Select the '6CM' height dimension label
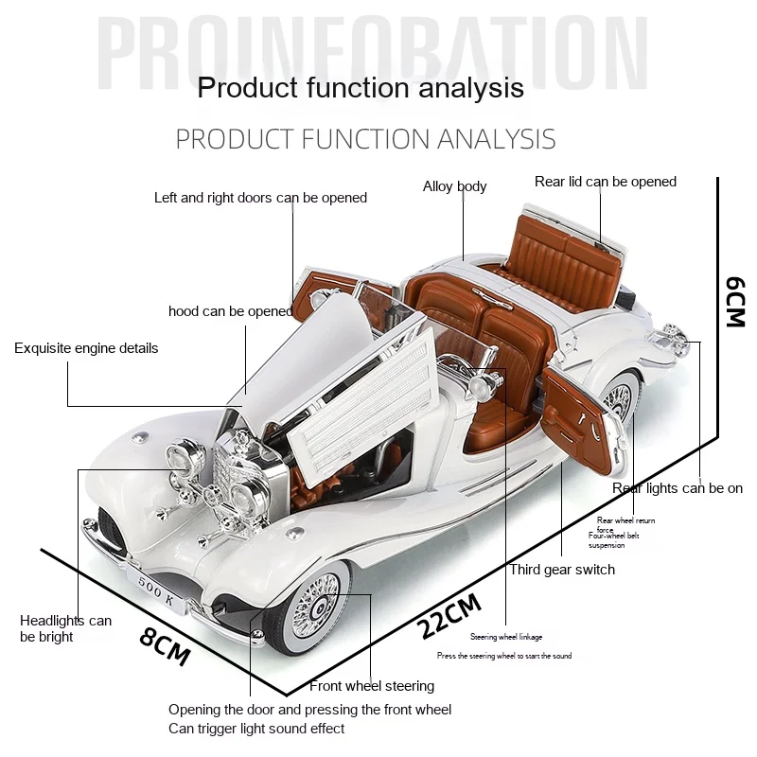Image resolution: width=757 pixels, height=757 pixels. point(734,301)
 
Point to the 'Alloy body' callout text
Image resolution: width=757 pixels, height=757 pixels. point(454,186)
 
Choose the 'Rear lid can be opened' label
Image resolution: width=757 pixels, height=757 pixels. point(606,182)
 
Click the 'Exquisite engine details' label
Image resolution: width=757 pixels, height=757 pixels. point(86,348)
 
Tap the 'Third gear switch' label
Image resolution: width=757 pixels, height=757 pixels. point(562,570)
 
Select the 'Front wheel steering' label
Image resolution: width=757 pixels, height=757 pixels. point(372,686)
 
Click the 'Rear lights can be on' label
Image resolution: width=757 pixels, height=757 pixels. point(678,488)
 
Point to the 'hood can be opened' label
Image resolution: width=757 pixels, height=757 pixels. point(230,311)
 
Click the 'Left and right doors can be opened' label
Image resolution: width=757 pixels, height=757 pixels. point(260,198)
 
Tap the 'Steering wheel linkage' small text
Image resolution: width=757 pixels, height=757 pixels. point(506,637)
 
